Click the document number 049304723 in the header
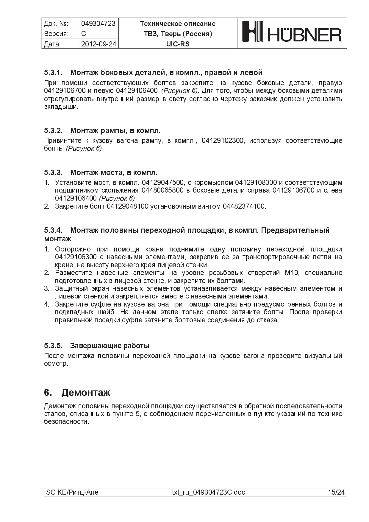click(x=98, y=24)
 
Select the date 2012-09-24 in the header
click(x=98, y=44)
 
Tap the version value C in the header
click(x=84, y=34)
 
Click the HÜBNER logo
click(x=292, y=33)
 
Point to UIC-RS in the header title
click(x=178, y=44)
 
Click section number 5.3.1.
click(x=53, y=72)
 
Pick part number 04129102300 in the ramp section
click(x=222, y=140)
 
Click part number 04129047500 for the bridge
click(x=163, y=182)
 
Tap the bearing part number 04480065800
click(x=162, y=190)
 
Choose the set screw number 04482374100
click(x=244, y=206)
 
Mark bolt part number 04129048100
click(x=127, y=206)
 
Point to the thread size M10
click(x=291, y=273)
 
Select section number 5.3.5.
click(x=53, y=346)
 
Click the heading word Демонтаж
click(x=86, y=393)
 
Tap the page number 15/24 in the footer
click(x=336, y=492)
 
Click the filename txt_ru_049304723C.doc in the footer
click(x=208, y=492)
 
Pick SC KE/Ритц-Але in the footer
click(x=72, y=492)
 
